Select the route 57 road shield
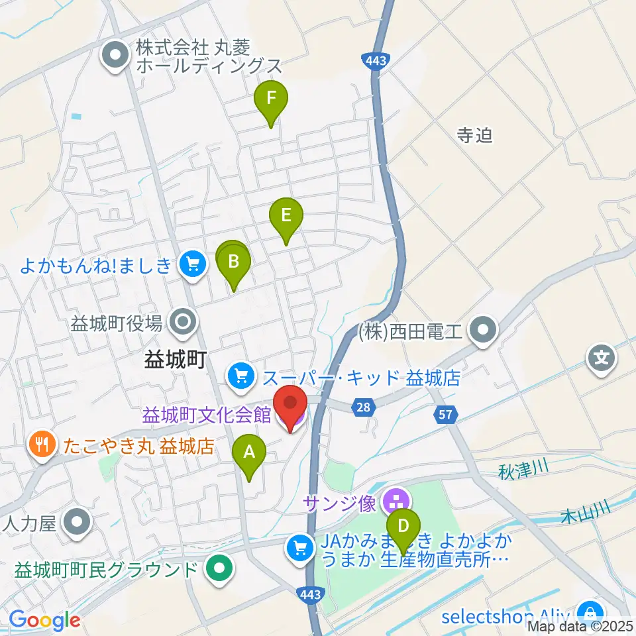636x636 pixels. [x=445, y=415]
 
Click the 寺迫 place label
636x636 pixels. [x=475, y=136]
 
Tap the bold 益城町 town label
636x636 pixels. [x=176, y=360]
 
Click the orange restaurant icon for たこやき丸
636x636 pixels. [x=43, y=445]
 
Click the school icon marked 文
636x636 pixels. [x=601, y=360]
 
